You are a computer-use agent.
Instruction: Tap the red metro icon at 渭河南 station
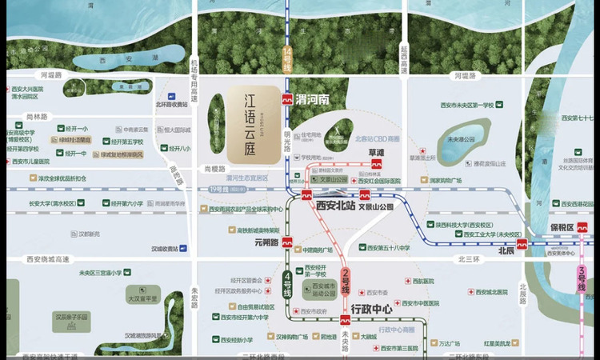click(x=286, y=100)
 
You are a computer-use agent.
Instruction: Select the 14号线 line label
click(x=287, y=61)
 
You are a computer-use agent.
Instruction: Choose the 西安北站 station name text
click(x=334, y=206)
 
